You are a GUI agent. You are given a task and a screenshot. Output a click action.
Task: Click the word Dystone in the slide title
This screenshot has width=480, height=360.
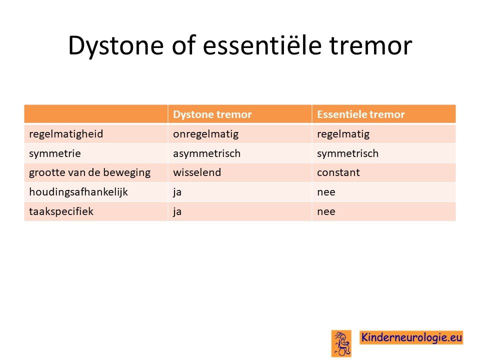click(x=116, y=45)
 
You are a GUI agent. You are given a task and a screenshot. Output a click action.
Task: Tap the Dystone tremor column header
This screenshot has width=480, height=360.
click(x=212, y=114)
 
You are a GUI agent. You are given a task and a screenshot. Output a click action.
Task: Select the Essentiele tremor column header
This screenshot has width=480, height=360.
click(x=361, y=114)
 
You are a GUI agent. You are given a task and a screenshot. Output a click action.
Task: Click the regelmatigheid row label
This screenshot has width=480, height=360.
click(x=66, y=134)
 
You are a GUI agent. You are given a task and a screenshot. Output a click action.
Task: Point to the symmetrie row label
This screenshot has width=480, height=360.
click(x=55, y=153)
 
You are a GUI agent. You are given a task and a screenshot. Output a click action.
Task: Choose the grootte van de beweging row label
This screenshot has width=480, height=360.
click(x=90, y=172)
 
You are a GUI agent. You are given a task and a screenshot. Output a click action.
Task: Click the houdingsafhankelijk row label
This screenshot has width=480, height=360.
click(x=78, y=192)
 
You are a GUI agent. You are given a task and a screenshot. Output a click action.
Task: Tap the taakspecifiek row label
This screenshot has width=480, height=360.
click(x=61, y=211)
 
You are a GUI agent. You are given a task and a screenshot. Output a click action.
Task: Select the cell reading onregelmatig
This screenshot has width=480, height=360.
click(x=205, y=134)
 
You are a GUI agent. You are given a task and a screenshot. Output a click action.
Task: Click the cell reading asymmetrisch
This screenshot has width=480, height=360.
click(x=207, y=153)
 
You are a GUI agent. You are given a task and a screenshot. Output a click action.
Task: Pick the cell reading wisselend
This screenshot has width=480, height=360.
click(x=197, y=172)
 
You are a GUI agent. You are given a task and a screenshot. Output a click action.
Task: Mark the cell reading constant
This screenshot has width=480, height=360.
click(x=338, y=172)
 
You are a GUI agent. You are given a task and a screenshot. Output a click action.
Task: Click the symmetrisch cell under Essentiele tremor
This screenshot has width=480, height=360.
click(x=348, y=153)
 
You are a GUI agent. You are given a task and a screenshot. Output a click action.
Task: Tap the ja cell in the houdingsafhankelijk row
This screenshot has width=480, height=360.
click(x=177, y=192)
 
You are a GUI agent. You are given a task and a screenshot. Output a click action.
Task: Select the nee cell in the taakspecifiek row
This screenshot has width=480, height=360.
click(x=326, y=212)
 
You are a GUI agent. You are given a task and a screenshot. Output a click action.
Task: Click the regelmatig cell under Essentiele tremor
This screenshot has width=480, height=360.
click(x=343, y=134)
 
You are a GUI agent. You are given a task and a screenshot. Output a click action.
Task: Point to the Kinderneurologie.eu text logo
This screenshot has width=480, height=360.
click(x=411, y=337)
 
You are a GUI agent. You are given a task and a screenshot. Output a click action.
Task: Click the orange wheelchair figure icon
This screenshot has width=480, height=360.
click(x=341, y=343)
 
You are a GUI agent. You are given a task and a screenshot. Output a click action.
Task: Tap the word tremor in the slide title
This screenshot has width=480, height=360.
click(x=370, y=46)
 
